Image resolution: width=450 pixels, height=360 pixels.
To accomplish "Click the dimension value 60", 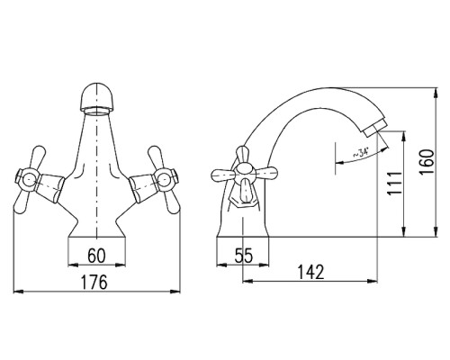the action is [96, 256].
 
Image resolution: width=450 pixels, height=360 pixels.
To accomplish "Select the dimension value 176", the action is [94, 283].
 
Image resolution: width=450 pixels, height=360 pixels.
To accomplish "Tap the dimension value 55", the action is [244, 256].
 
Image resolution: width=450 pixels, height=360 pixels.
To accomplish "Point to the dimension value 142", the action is [311, 273].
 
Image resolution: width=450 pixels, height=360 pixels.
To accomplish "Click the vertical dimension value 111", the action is [394, 184].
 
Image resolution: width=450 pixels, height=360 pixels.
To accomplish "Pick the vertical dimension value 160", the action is [427, 162].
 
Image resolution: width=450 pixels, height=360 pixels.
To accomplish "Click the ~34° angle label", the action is [361, 154].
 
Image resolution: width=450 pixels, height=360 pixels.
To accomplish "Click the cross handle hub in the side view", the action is [245, 174].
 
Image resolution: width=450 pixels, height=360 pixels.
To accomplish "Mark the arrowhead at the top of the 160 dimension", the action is [436, 93].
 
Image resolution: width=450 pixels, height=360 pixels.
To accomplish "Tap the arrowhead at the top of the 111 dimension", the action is [404, 136].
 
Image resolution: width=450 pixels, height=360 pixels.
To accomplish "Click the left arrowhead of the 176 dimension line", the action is [19, 291].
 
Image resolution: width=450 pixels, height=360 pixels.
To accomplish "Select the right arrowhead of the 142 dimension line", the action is [373, 281].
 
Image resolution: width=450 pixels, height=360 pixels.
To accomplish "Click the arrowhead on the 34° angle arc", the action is [339, 163].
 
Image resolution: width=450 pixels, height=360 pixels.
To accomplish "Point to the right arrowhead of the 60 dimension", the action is [121, 265].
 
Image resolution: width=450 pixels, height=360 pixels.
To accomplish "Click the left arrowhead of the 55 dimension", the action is [221, 265].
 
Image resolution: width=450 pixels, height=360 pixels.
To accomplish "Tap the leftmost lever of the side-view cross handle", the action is [222, 175].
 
